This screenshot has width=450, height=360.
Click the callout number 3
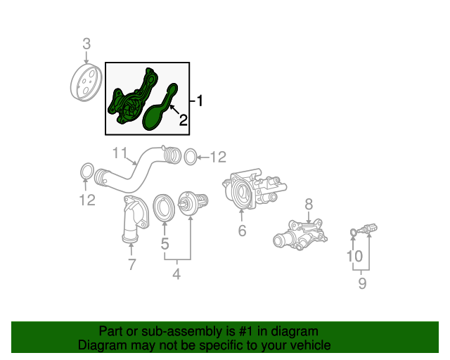pos(86,44)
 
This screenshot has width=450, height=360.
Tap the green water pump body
pos(130,102)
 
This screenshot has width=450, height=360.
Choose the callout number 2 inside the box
pos(183,120)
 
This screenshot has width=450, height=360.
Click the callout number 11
pos(120,153)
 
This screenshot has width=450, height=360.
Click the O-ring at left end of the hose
pos(86,171)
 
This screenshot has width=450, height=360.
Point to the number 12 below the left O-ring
pos(86,201)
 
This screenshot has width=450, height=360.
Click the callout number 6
pos(242,231)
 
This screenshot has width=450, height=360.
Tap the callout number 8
pos(308,204)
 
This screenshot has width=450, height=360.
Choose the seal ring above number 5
pos(164,206)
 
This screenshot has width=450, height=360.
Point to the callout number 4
pos(176,274)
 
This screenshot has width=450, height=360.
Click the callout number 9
pos(363,283)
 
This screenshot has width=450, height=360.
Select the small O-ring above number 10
pos(353,232)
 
